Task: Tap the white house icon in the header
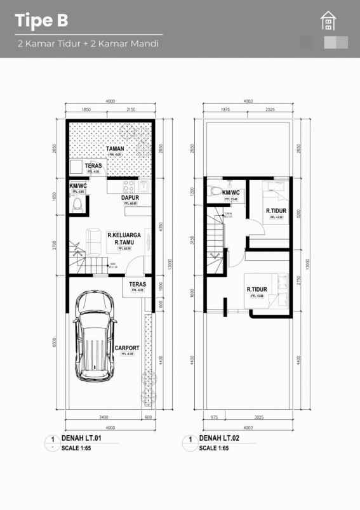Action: coord(328,21)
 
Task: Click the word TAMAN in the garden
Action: coord(115,148)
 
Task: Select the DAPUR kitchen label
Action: coord(130,197)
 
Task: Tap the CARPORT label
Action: coord(127,347)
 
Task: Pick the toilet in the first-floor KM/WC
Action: coord(78,204)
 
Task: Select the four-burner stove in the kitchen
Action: coord(128,186)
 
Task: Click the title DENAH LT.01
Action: coord(80,438)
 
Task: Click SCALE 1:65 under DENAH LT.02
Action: coord(214,448)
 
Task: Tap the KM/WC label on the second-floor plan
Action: coord(230,192)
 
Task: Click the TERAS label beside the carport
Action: coord(138,285)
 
